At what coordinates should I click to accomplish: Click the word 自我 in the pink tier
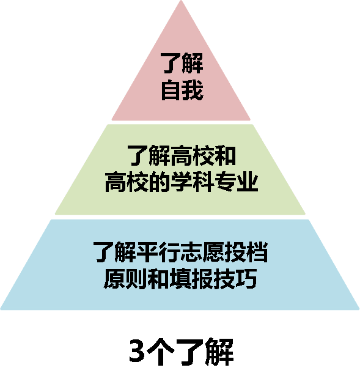point(182,90)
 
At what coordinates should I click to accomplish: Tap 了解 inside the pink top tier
point(182,63)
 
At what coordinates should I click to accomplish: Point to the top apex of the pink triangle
point(181,1)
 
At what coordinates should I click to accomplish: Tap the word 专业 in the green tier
point(237,182)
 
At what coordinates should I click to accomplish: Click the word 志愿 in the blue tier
point(202,252)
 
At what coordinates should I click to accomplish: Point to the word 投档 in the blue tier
point(246,252)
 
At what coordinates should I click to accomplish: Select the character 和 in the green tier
point(225,155)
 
